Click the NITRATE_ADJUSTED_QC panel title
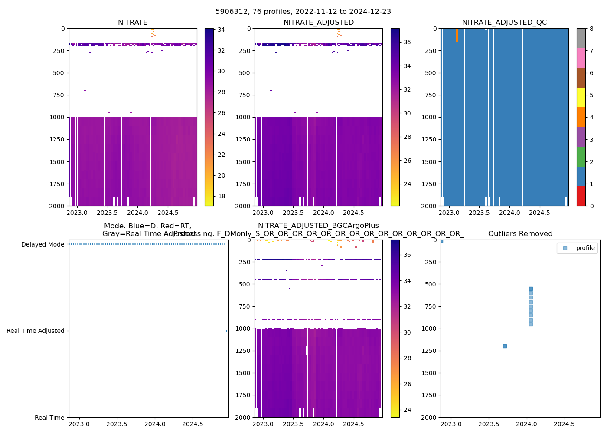tap(504, 23)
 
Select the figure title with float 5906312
tap(303, 12)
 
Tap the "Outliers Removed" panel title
tap(520, 234)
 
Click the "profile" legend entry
tap(585, 248)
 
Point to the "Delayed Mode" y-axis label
tap(42, 244)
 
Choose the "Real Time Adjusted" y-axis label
tap(35, 331)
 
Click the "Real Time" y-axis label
tap(49, 418)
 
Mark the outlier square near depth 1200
tap(505, 346)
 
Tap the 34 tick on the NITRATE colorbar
tap(221, 30)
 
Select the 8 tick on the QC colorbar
tap(591, 29)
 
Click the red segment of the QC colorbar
tap(581, 196)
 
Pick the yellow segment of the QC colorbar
tap(581, 97)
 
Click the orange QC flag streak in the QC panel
tap(457, 35)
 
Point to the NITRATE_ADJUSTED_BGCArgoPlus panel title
tap(318, 226)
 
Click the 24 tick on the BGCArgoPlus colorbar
tap(407, 410)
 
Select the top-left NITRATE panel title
tap(133, 23)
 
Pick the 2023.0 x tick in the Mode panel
tap(79, 424)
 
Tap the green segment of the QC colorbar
tap(581, 157)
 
